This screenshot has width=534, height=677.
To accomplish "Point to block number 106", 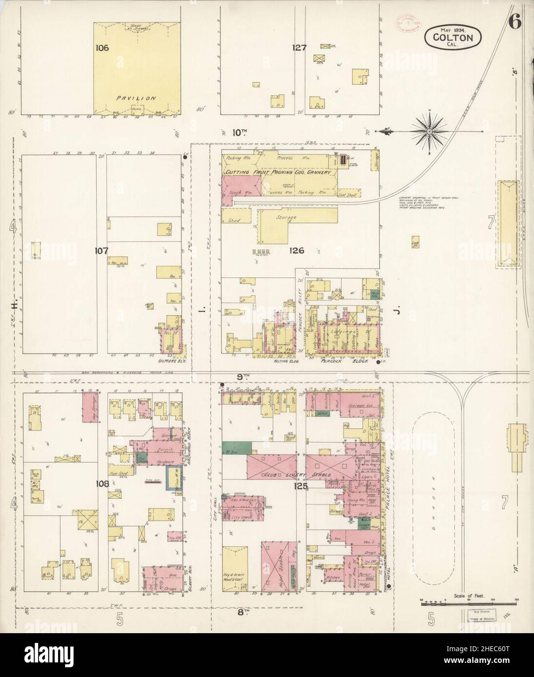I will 103,48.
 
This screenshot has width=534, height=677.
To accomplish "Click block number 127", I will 299,48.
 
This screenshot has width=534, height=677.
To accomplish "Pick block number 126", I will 296,251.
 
